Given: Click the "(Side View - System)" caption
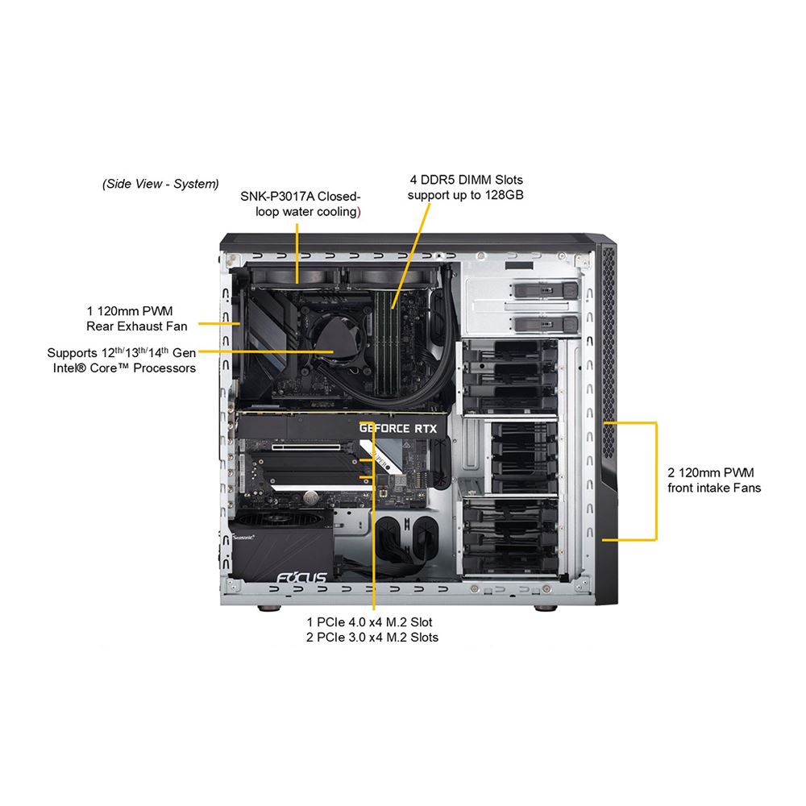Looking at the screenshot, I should coord(160,184).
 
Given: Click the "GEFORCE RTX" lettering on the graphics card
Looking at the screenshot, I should coord(397,429).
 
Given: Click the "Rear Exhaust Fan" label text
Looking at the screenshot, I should coord(137,326).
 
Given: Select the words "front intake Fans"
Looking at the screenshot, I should coord(714,488).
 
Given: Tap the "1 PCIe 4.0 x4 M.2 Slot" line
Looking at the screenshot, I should coord(373,622).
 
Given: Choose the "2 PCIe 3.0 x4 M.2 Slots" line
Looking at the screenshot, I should coord(373,638).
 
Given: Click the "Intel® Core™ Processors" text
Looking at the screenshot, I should coord(122,368).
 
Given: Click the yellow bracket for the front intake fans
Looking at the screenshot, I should coord(656,480).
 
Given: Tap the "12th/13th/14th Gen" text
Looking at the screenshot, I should coord(142,352).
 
